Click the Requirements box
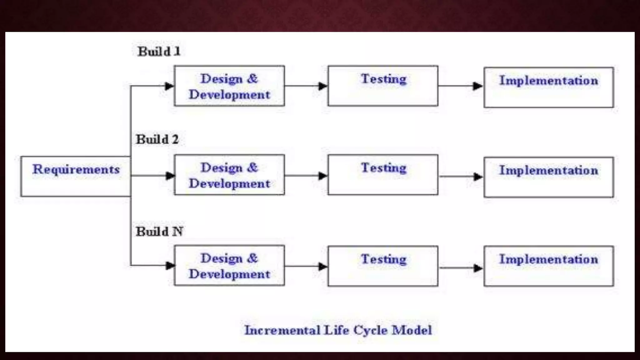[76, 177]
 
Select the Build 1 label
[159, 52]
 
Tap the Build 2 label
[157, 139]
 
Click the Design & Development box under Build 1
[229, 86]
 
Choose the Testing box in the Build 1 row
[383, 86]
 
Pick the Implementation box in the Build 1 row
[549, 87]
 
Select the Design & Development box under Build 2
[229, 175]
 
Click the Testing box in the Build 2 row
[383, 175]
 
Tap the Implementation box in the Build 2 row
[549, 177]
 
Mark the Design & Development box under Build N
[229, 266]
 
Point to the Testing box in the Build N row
[383, 266]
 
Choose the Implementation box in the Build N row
[549, 266]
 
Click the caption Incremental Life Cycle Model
[338, 330]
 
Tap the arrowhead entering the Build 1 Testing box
[322, 86]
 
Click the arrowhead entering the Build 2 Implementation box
[478, 177]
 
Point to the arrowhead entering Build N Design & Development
[170, 266]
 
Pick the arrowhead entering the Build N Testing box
[322, 267]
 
